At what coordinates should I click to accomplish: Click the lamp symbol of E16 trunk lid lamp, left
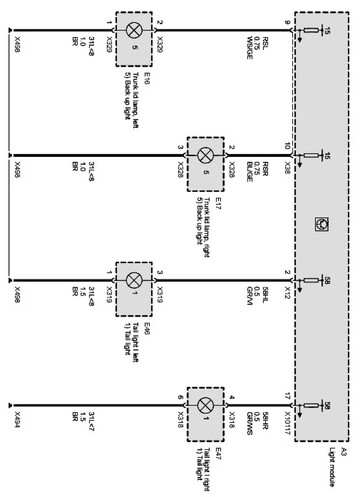(134, 30)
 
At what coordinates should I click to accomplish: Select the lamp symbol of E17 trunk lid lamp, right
(205, 155)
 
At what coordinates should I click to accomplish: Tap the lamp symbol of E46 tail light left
(134, 280)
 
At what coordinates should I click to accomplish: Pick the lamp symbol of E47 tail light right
(205, 405)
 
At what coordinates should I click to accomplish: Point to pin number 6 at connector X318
(180, 396)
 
